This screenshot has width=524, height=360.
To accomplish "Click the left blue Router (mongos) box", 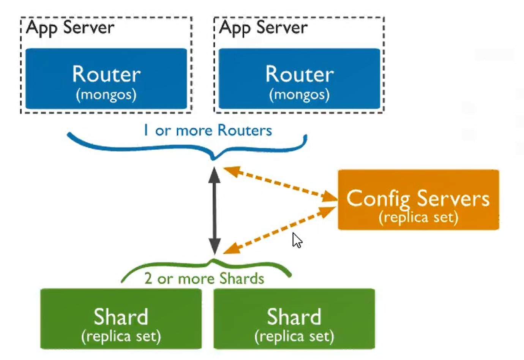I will [x=106, y=79].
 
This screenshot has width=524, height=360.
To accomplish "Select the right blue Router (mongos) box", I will [x=299, y=79].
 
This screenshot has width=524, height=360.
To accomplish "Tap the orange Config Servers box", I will [x=418, y=200].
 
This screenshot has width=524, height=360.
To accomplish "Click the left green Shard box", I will [x=121, y=319].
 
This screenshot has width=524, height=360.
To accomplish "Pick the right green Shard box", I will [x=294, y=319].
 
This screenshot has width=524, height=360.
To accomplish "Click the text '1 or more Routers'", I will [x=208, y=131].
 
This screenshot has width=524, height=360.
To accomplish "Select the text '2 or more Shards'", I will [x=204, y=279].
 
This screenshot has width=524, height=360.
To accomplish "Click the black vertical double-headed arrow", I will [x=215, y=211].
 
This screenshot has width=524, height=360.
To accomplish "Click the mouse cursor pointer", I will [x=297, y=240].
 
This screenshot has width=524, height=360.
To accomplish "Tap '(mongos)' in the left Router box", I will [x=106, y=95].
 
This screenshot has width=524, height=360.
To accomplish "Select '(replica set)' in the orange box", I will [x=418, y=217].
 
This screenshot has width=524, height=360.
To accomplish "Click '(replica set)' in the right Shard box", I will [x=294, y=336].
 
